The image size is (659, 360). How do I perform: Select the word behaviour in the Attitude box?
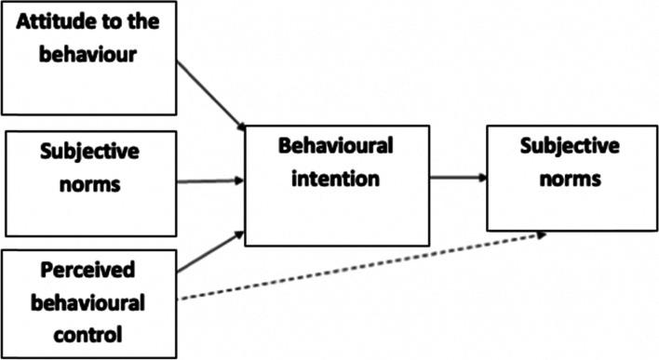coord(89,54)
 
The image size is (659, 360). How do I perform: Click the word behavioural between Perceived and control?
coord(89,300)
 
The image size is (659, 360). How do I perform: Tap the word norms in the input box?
coord(89,182)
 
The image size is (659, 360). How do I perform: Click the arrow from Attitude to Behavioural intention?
coord(210,94)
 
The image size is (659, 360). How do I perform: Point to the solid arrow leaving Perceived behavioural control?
coord(210,253)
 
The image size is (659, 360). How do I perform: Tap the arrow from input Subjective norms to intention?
coord(210,181)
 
